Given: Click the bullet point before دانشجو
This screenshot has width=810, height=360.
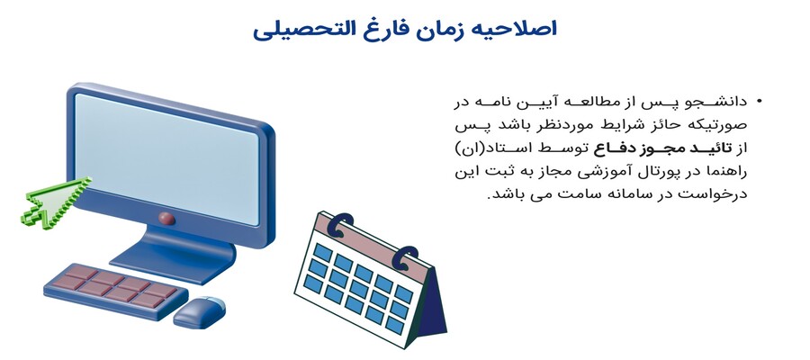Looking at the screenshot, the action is (759, 101).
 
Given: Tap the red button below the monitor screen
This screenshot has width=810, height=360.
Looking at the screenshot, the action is (166, 219).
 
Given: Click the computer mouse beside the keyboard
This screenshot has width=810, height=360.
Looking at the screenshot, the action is (200, 312).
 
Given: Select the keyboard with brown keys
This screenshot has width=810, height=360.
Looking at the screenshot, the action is (115, 291).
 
